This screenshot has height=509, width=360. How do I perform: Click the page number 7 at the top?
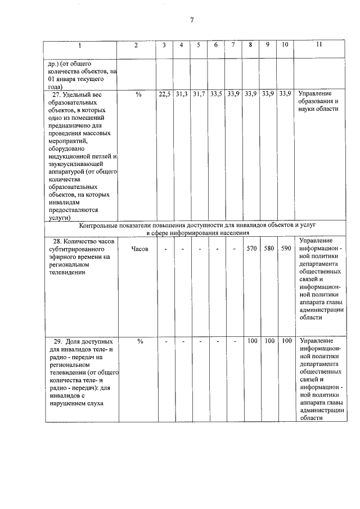[x=192, y=20]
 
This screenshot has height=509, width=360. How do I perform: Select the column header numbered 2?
[x=137, y=46]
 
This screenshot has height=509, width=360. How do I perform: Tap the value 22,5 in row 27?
[x=164, y=94]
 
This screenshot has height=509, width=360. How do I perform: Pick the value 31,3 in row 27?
[x=181, y=94]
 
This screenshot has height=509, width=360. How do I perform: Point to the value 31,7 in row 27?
[x=199, y=94]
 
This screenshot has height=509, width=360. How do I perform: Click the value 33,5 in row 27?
[x=216, y=94]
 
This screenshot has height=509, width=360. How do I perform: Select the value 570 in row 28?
[x=251, y=248]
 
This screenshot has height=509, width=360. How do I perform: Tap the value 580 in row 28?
[x=268, y=248]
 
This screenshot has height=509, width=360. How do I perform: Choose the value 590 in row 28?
[x=286, y=248]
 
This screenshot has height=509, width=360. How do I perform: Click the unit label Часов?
[x=139, y=249]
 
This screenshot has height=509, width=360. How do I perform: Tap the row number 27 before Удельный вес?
[x=56, y=94]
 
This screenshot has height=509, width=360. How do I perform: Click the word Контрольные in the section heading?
[x=99, y=225]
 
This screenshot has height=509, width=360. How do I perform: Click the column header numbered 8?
[x=250, y=46]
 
